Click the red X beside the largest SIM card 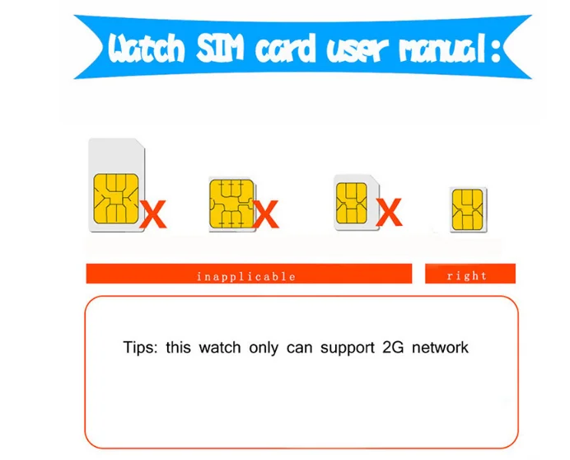[153, 215]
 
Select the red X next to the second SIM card [265, 215]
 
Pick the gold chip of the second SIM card [231, 204]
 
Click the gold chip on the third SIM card [351, 202]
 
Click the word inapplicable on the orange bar [245, 276]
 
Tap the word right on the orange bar [467, 276]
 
